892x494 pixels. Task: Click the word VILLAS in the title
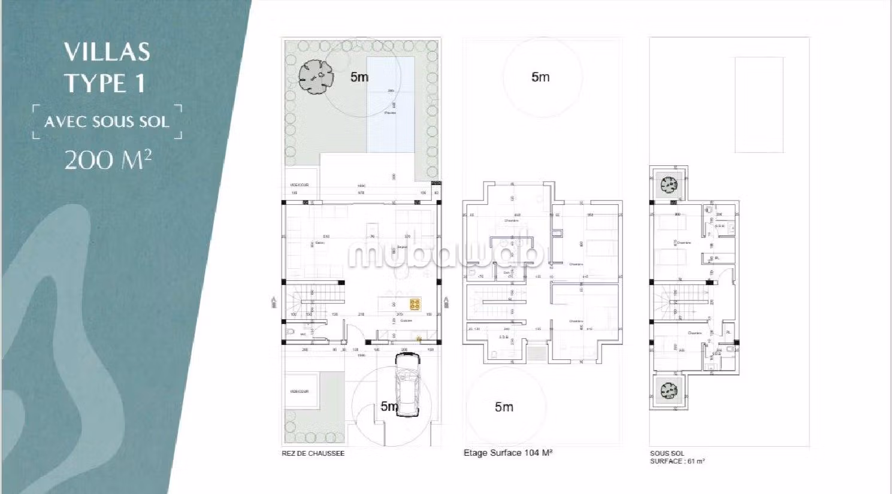[107, 52]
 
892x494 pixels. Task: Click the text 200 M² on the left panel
[108, 160]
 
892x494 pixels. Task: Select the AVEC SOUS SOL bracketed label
[107, 122]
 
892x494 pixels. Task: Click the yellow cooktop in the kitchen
[415, 305]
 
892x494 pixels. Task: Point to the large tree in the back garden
[315, 77]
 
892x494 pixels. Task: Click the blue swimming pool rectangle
[391, 105]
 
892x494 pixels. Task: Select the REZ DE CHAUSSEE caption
[313, 453]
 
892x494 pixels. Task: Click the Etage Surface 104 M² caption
[507, 453]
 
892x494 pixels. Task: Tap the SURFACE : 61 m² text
[677, 461]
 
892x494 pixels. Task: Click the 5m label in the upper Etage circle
[540, 77]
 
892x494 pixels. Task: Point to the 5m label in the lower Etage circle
[504, 407]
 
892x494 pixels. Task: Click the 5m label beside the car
[389, 407]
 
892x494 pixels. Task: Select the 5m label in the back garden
[359, 77]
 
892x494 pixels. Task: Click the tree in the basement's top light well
[669, 184]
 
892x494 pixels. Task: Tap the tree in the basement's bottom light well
[669, 392]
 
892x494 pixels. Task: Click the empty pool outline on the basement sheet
[759, 105]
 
